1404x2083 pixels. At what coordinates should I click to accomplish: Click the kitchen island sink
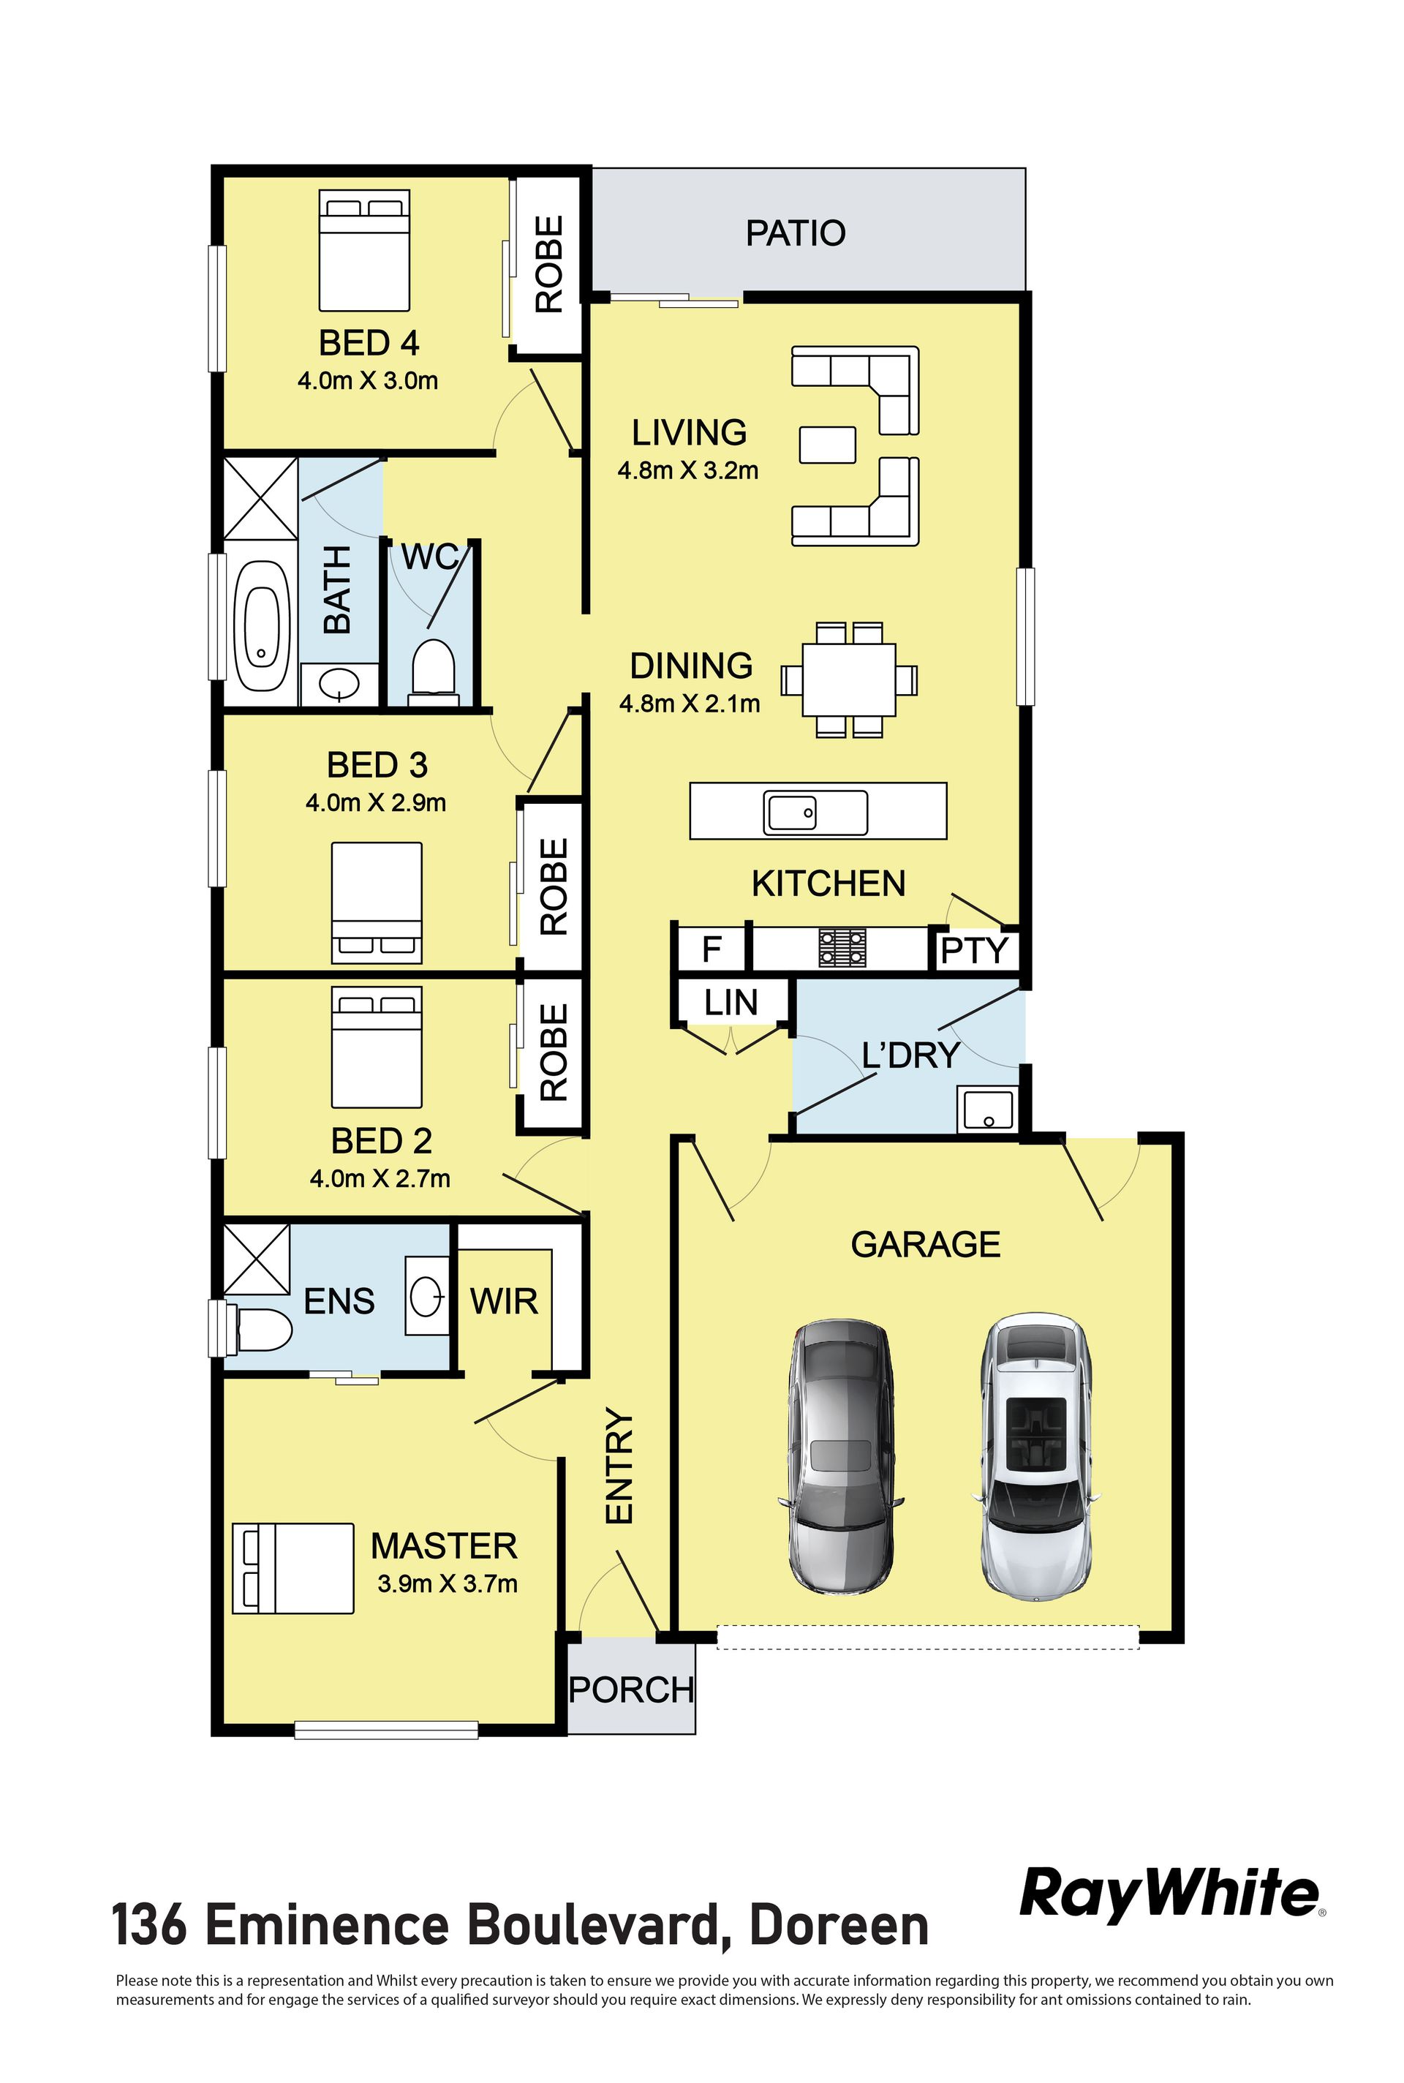click(815, 813)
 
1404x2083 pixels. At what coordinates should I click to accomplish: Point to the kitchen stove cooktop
click(842, 947)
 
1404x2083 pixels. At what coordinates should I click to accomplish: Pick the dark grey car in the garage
click(840, 1456)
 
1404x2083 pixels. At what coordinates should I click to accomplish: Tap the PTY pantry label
click(974, 950)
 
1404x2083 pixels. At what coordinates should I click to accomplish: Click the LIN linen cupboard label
click(731, 1002)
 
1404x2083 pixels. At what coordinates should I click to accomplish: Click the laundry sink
click(988, 1110)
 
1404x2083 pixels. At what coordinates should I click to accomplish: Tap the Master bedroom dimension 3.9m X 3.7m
click(448, 1583)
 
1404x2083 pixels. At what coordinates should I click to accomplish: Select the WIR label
click(504, 1300)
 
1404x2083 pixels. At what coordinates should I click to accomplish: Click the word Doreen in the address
click(839, 1926)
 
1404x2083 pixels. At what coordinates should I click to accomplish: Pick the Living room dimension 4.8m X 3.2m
click(687, 470)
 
